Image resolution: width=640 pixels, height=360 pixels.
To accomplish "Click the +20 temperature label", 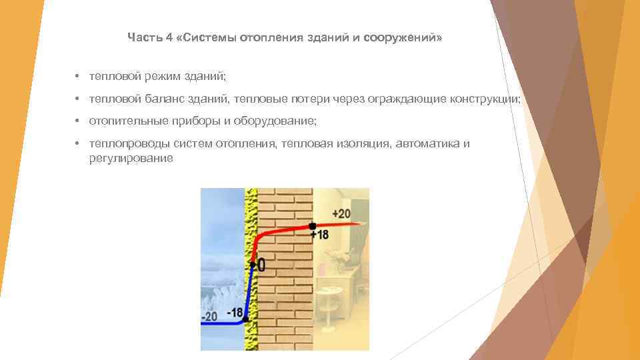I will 340,214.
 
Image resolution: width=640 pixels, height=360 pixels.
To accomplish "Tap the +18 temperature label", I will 319,235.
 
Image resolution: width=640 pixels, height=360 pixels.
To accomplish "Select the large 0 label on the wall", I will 261,265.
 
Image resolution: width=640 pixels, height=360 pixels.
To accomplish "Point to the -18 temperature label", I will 235,311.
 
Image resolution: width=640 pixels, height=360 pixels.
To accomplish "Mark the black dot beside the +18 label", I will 313,226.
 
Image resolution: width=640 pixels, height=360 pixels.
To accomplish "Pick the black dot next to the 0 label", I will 252,265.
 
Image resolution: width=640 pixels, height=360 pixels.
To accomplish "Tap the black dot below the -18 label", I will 246,320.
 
